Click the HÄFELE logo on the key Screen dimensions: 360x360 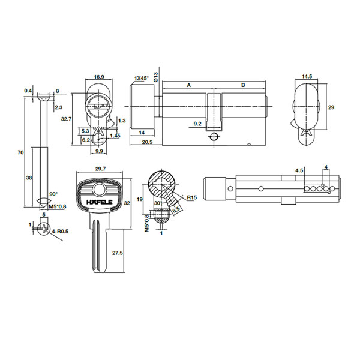pos(100,202)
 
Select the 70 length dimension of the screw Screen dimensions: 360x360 pos(20,152)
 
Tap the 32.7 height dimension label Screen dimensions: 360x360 pos(67,119)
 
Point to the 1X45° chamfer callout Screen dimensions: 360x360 pos(142,78)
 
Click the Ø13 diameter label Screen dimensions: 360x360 pos(155,77)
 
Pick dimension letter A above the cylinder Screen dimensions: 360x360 pos(189,85)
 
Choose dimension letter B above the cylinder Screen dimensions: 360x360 pos(243,85)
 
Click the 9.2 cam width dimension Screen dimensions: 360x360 pos(197,124)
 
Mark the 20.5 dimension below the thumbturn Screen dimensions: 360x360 pos(147,142)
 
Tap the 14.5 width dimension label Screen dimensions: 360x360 pos(307,76)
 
